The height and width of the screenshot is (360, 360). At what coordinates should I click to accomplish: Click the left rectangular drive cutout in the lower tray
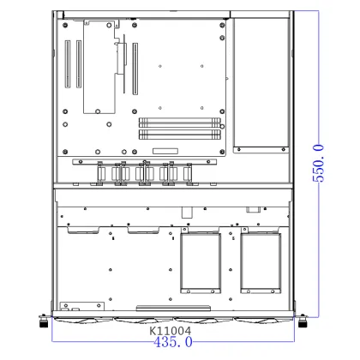click(x=200, y=261)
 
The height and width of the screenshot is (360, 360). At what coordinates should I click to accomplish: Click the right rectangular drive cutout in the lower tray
click(x=261, y=261)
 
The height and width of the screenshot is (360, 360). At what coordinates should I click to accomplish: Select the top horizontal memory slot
click(x=179, y=122)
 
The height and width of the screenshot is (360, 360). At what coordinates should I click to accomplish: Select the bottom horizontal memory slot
click(x=179, y=135)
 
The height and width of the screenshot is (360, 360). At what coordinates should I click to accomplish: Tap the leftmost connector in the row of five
click(x=100, y=174)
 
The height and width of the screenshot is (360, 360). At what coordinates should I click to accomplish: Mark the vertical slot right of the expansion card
click(x=134, y=69)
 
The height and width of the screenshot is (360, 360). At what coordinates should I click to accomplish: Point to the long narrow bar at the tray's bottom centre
click(x=178, y=307)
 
